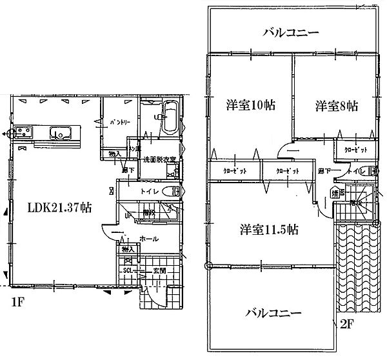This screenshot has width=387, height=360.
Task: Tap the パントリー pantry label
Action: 119,121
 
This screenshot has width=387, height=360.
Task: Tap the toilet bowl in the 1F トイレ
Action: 170,192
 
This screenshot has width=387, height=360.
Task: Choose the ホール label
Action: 148,237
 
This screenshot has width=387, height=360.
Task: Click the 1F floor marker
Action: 14,302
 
